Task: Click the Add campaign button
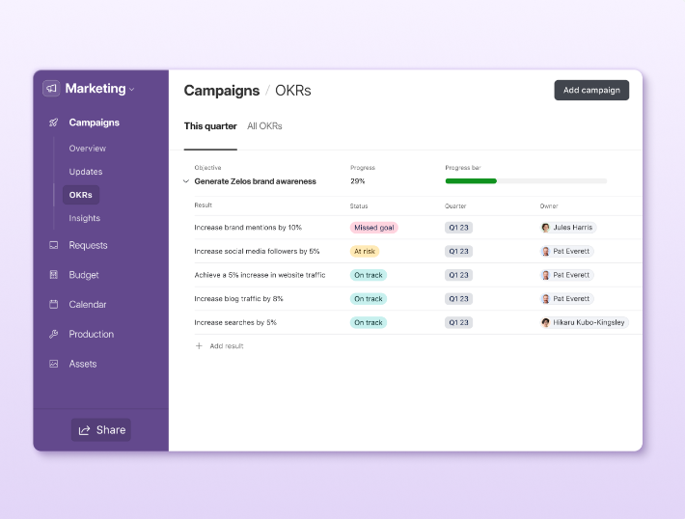pos(591,91)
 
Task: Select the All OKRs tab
pos(264,126)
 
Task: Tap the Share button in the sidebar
pos(101,430)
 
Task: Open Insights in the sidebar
pos(84,218)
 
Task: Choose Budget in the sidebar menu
pos(84,275)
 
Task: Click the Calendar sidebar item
pos(88,305)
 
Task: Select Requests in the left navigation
pos(88,246)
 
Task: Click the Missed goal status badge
pos(374,228)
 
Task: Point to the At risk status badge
pos(365,251)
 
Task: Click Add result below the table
pos(226,345)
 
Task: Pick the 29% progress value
pos(357,181)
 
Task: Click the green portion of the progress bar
pos(471,181)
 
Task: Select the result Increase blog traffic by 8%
pos(238,299)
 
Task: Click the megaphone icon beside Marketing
pos(51,89)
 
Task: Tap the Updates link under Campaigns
pos(86,172)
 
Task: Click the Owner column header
pos(549,205)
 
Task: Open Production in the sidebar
pos(91,335)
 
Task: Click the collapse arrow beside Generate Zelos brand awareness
pos(186,181)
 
